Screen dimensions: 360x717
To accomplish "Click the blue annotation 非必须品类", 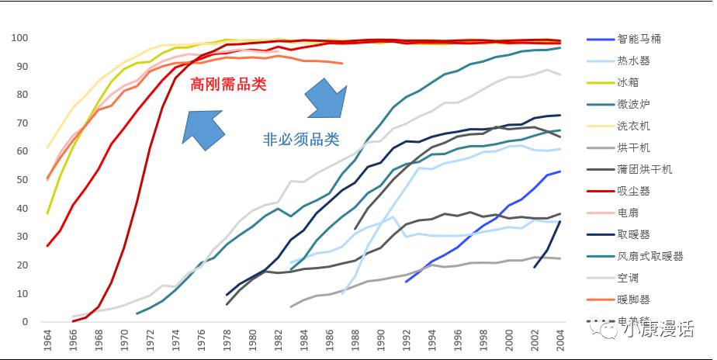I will pos(301,140).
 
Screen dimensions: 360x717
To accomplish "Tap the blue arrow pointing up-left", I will pos(199,126).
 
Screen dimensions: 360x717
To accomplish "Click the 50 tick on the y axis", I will pos(23,180).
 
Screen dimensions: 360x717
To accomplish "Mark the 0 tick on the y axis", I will pos(26,322).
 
